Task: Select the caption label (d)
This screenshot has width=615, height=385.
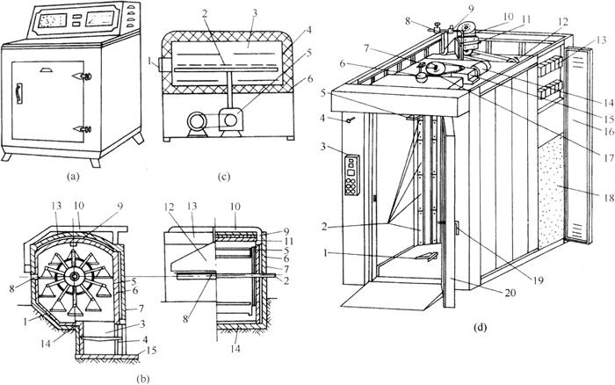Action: (480, 330)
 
